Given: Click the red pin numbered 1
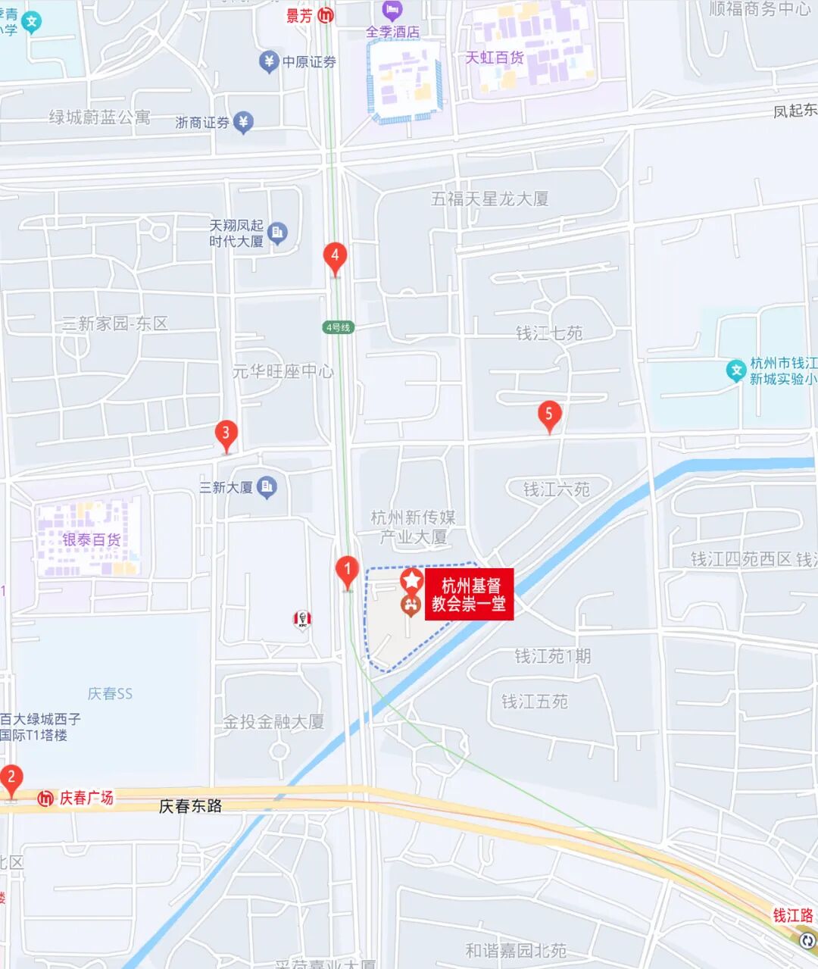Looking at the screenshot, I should [x=347, y=570].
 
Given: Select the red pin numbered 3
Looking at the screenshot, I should [x=226, y=434].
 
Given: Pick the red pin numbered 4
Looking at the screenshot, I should [x=335, y=257].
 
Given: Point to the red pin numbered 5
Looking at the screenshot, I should [x=549, y=414].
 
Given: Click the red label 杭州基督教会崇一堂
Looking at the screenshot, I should [x=469, y=595].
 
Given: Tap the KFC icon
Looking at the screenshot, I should [x=302, y=620].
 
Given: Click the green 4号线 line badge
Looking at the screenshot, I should [x=338, y=327].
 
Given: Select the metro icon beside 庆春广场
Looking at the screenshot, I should [x=45, y=798].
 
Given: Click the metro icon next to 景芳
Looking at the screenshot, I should [x=326, y=15].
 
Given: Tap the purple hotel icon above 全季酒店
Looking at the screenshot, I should [x=392, y=11].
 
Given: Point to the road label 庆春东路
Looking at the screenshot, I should [x=190, y=806].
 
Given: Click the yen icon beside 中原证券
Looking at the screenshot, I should [x=268, y=61].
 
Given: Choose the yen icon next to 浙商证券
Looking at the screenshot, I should [x=242, y=122].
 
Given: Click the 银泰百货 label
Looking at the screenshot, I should [x=91, y=539].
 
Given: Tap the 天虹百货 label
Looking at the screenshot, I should [x=494, y=58].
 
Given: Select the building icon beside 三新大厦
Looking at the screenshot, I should [x=267, y=487].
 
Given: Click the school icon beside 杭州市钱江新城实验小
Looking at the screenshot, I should [x=735, y=370].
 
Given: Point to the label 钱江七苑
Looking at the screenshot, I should [x=549, y=333].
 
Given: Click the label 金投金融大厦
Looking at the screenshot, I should [x=273, y=722].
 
